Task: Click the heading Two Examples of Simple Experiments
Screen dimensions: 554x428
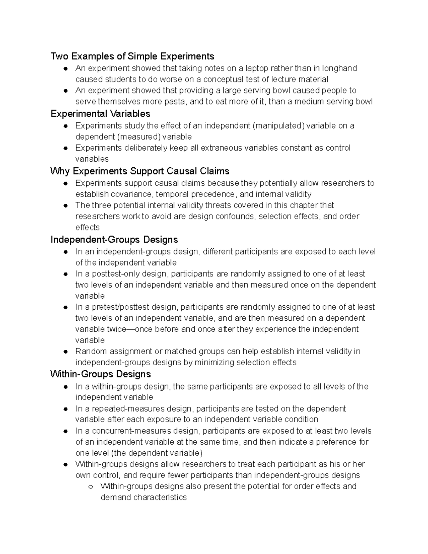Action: pos(132,56)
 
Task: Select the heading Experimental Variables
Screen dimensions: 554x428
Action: pos(100,114)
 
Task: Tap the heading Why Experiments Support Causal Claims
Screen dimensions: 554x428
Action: pos(140,171)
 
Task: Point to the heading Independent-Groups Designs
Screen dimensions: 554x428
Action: pos(114,240)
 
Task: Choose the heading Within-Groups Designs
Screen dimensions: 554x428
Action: pos(101,374)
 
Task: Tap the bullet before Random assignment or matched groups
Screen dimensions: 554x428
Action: pos(65,352)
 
